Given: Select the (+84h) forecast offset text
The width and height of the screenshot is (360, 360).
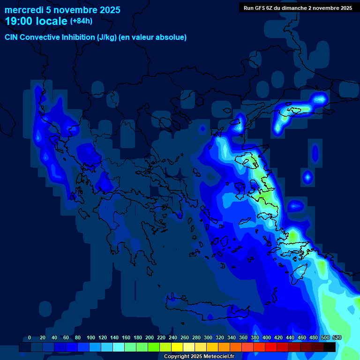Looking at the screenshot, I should [x=81, y=21].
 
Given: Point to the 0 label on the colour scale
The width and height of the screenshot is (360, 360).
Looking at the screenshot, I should [x=30, y=337].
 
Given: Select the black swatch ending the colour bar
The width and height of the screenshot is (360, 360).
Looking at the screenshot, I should [x=330, y=347].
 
